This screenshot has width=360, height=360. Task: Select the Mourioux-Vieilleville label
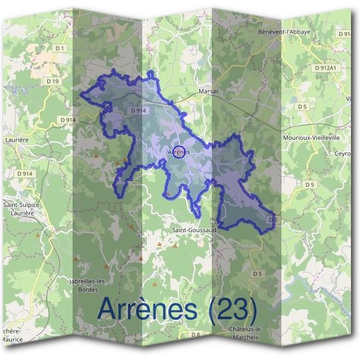pos(311,137)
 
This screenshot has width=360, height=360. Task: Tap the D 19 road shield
pos(52,80)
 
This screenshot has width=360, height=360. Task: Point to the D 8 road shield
pos(195,334)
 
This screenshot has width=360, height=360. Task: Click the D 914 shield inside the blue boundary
pos(138,111)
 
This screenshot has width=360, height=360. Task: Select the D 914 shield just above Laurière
pos(68,120)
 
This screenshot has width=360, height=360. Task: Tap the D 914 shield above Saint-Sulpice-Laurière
pos(25,174)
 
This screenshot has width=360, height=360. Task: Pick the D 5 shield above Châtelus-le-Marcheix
pos(257,274)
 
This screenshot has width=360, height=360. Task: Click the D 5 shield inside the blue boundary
pos(272,220)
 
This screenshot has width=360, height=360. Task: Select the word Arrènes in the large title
pos(146,309)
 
